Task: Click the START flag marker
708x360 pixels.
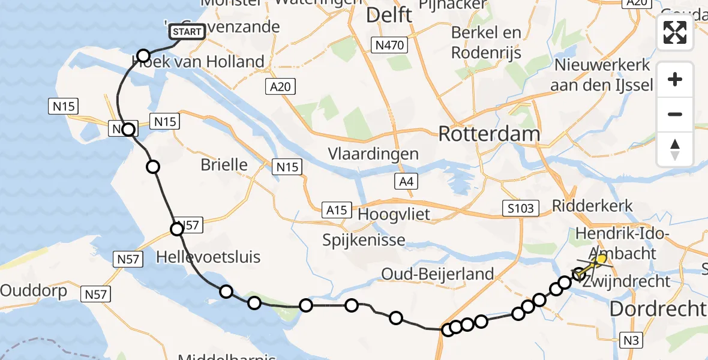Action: point(188,32)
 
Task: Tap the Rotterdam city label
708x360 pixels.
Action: point(489,134)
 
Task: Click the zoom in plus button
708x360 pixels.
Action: point(675,79)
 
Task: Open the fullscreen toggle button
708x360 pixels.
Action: point(675,32)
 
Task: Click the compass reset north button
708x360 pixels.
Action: point(675,149)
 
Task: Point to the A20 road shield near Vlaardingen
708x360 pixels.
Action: point(280,87)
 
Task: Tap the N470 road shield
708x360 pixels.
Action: point(389,45)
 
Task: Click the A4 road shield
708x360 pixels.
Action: point(406,182)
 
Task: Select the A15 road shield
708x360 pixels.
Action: point(337,210)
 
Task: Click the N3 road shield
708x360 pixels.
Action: point(630,341)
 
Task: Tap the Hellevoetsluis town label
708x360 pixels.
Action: point(208,257)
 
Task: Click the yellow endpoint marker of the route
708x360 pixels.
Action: point(602,259)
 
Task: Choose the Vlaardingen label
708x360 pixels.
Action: point(373,154)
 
